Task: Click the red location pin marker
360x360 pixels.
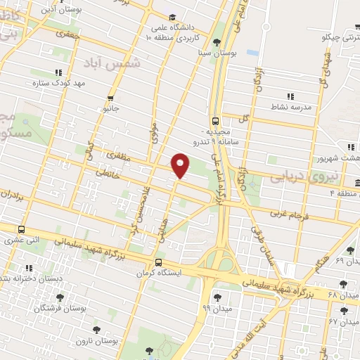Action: click(181, 165)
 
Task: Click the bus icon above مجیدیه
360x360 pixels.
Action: click(215, 120)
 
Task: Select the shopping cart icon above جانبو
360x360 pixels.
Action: click(110, 98)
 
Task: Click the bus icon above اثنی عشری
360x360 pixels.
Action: click(22, 229)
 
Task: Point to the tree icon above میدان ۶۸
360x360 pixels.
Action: click(343, 284)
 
